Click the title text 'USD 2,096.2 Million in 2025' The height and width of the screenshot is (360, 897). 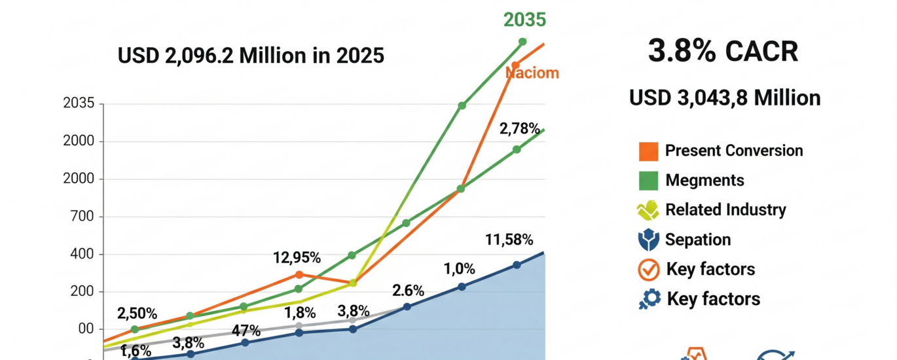pos(251,56)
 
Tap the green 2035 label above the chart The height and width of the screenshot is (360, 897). pos(524,20)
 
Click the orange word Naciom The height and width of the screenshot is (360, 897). pos(532,73)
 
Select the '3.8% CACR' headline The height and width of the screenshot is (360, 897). pos(723,50)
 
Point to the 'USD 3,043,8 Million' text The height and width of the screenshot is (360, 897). pos(725,98)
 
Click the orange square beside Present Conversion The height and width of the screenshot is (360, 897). pos(648,151)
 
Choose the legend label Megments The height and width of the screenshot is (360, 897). pos(705,180)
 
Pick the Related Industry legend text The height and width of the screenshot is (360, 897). pos(725,209)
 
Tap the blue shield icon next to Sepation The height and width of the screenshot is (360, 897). pos(648,240)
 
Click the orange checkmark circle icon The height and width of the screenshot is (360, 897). pos(648,270)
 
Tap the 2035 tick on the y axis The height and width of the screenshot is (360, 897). pos(79,103)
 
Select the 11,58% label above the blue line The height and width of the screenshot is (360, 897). pos(509,240)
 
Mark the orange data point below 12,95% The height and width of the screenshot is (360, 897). pos(299,274)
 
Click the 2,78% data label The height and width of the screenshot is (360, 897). pos(519,129)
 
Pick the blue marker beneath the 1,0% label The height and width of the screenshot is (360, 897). pos(462,287)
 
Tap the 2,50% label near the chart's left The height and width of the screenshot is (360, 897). pos(137,314)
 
